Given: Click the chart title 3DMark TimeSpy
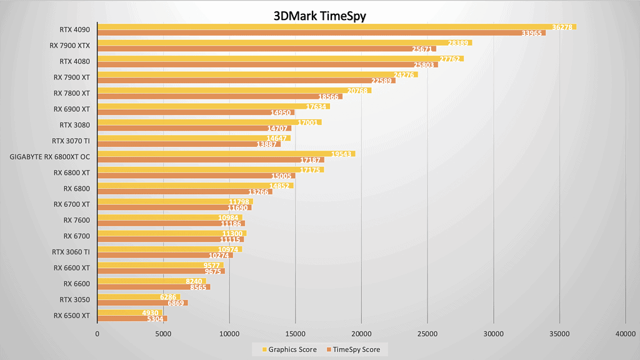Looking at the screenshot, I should pos(320,16).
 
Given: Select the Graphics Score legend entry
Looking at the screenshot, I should pos(288,349).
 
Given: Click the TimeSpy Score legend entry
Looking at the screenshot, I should pos(356,349).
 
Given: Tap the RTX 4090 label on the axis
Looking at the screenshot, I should pos(74,29).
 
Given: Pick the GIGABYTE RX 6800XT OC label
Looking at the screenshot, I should pos(51,156).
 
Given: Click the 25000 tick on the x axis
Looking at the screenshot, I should pos(427,334).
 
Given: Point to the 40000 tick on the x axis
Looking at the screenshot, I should pos(626,334).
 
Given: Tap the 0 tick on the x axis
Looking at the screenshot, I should pos(97,334).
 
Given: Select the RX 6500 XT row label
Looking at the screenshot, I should pos(71,315).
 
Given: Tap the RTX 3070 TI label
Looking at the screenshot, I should pos(72,141).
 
